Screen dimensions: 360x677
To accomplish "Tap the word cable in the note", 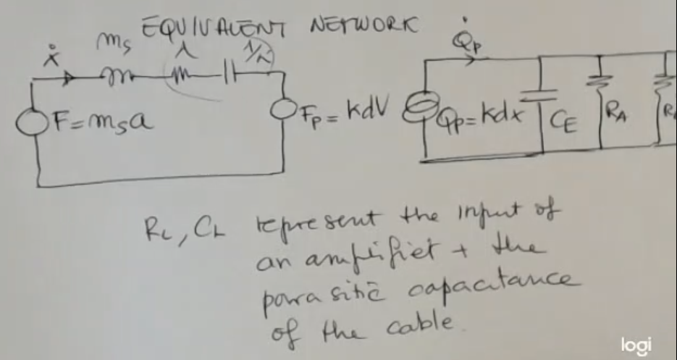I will coord(418,322).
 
